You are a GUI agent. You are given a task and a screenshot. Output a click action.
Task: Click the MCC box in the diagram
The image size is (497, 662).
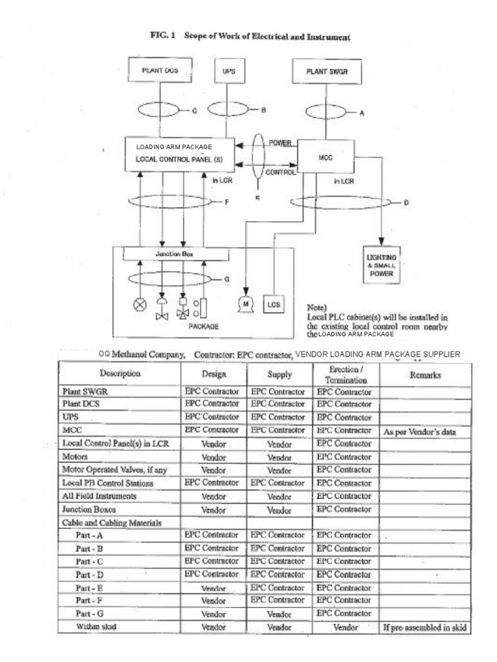click(x=326, y=157)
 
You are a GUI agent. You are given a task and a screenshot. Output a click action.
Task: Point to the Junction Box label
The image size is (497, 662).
click(x=175, y=254)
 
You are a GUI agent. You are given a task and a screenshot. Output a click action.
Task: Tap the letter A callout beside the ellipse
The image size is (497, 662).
click(x=362, y=112)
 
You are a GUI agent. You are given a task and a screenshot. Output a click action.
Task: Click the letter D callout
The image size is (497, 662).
click(x=406, y=203)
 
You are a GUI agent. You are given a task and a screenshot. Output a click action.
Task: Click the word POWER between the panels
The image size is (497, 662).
click(x=279, y=143)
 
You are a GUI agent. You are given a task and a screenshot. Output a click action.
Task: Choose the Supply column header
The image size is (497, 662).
click(x=280, y=375)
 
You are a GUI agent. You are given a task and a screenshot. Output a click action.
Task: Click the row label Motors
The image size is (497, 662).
click(x=74, y=456)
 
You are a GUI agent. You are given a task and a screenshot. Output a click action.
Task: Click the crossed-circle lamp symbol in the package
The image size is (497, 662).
click(x=140, y=304)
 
